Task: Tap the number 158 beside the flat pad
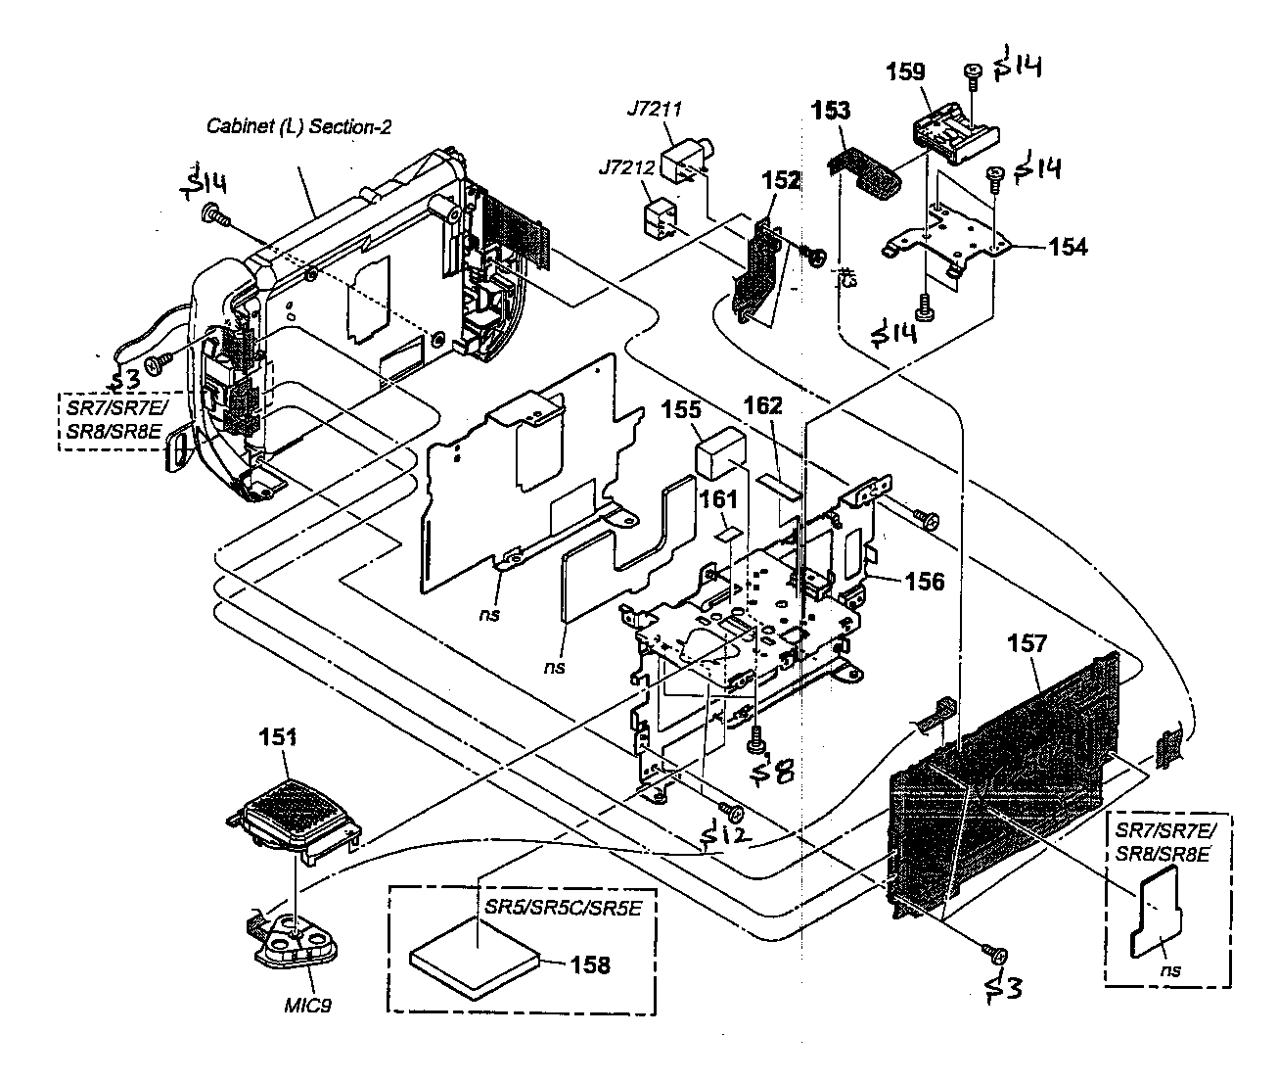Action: coord(590,964)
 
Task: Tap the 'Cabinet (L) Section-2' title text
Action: coord(298,125)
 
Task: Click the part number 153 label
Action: coord(831,111)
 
